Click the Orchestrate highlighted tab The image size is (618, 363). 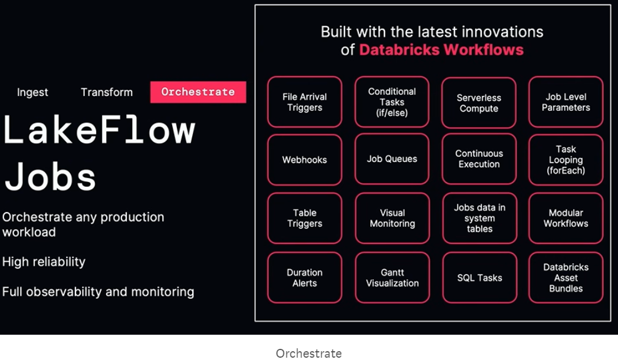coord(198,92)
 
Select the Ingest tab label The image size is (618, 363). coord(32,93)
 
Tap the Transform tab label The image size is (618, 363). coord(107,92)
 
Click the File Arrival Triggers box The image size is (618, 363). coord(305,102)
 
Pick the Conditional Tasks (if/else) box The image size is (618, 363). coord(392,102)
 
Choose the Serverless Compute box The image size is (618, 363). coord(479,103)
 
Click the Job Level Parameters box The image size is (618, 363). coord(566,102)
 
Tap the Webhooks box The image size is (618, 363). coord(305,160)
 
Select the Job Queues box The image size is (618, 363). coord(392,159)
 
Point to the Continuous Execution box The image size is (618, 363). coord(479,159)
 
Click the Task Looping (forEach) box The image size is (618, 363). coord(566,160)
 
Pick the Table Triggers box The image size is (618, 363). coord(305,218)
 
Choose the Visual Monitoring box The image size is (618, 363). coord(392,218)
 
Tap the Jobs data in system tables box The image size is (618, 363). coord(479,218)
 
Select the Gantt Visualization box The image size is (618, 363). coord(392,278)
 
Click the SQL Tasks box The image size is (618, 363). coord(479,278)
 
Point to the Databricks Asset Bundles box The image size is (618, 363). coord(566,278)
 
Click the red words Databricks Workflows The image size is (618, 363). coord(442,50)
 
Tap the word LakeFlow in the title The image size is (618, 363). coord(99,130)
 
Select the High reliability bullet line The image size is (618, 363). coord(44,262)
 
